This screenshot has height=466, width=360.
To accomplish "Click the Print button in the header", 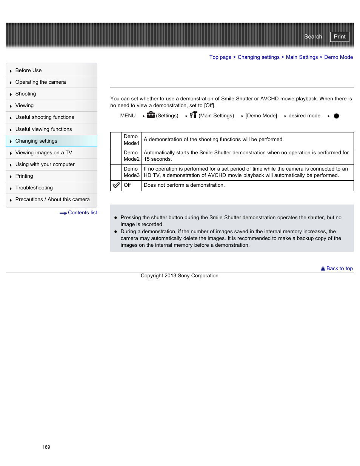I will click(339, 37).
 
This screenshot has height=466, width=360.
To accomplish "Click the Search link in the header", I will click(313, 37).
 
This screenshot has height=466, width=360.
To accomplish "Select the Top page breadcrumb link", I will click(220, 57).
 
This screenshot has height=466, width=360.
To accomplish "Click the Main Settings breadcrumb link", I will click(302, 57).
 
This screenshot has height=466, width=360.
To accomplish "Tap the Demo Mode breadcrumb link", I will click(338, 57).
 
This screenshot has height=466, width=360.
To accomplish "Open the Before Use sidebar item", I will click(29, 71).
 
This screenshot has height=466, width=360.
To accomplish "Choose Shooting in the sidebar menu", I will click(26, 94).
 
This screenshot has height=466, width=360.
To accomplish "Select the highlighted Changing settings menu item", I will click(36, 141).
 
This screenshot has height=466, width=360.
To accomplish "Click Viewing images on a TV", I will click(43, 153).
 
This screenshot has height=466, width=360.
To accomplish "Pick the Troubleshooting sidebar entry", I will click(34, 188).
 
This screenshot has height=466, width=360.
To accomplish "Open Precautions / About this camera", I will click(52, 200).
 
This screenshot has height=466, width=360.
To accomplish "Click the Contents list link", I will click(82, 213).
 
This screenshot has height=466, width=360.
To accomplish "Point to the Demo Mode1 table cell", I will click(131, 140).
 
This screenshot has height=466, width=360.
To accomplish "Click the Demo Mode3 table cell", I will click(131, 172).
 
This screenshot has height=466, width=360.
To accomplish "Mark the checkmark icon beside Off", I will click(116, 185).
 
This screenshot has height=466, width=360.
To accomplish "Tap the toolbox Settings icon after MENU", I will click(151, 115).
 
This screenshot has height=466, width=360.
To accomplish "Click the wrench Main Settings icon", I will click(193, 115).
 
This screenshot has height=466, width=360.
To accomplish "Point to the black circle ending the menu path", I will click(336, 116).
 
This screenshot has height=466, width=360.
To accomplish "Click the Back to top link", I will click(339, 269).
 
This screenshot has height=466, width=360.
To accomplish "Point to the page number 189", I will click(46, 447).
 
